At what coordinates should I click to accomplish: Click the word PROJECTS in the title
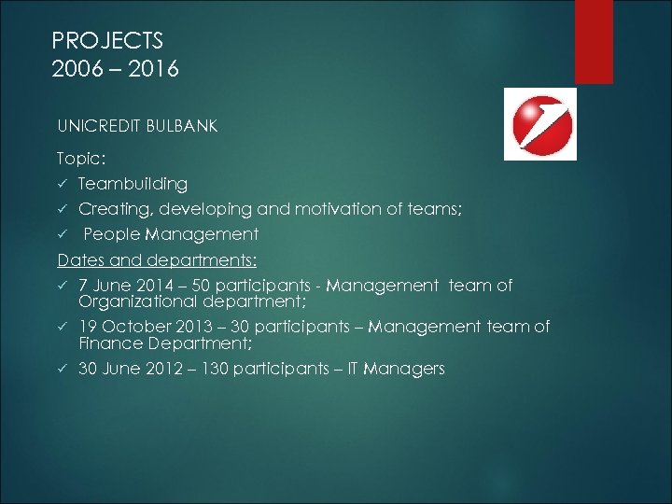(107, 41)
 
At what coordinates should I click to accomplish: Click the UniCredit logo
(540, 124)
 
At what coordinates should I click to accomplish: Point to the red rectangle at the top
(594, 41)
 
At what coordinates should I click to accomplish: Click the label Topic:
(81, 160)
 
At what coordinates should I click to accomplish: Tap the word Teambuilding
(133, 185)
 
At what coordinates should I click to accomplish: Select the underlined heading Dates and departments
(157, 259)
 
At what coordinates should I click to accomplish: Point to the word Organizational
(136, 301)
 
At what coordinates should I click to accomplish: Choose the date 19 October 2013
(145, 327)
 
